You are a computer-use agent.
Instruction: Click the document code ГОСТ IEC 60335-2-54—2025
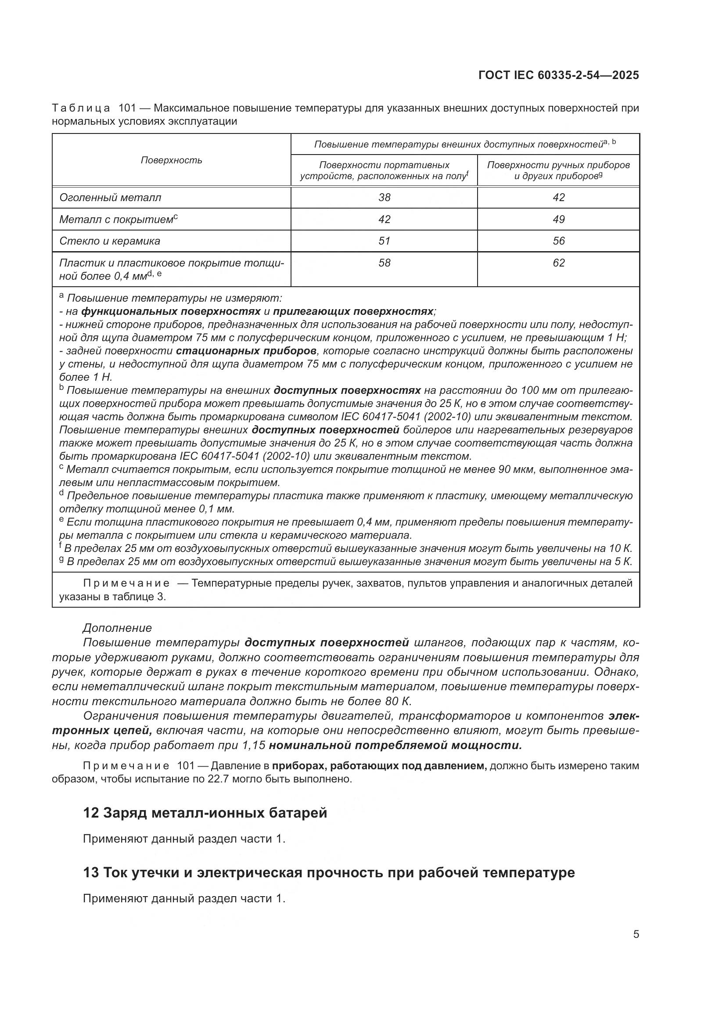[x=558, y=75]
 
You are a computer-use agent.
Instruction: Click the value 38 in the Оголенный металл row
[x=384, y=197]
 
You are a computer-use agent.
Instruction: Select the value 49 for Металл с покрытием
[x=558, y=219]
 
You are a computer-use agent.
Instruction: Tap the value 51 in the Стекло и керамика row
[x=384, y=241]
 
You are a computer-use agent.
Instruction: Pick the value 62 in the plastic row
[x=558, y=263]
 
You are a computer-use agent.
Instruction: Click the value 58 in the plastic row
[x=384, y=263]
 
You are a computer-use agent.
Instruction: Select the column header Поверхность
[x=171, y=160]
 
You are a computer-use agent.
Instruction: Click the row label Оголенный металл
[x=110, y=197]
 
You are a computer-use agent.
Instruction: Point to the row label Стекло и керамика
[x=110, y=241]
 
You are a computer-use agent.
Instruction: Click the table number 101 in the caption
[x=127, y=108]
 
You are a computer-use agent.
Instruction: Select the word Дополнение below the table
[x=117, y=628]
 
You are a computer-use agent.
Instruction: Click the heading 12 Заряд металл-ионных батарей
[x=205, y=813]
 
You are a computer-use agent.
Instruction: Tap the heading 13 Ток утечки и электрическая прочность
[x=329, y=873]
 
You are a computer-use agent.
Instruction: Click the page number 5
[x=636, y=934]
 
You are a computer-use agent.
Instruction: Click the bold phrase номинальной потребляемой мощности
[x=395, y=745]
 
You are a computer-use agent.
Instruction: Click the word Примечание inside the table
[x=126, y=584]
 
